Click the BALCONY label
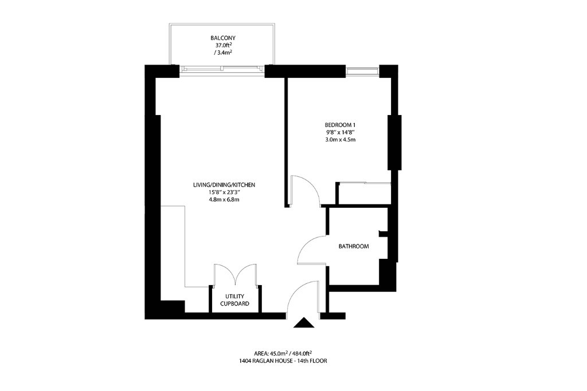point(223,38)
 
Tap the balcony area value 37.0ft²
point(223,45)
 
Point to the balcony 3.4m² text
point(223,53)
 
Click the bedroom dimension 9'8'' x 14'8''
point(339,132)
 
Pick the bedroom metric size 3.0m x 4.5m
point(340,140)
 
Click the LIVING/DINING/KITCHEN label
point(224,185)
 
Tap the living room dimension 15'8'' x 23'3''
point(224,192)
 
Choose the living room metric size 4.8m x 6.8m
point(224,200)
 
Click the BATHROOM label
point(354,246)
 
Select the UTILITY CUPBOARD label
point(234,300)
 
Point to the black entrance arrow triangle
point(304,323)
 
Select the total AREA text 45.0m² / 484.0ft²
point(283,353)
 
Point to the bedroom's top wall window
point(362,72)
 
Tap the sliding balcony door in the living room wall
point(222,69)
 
